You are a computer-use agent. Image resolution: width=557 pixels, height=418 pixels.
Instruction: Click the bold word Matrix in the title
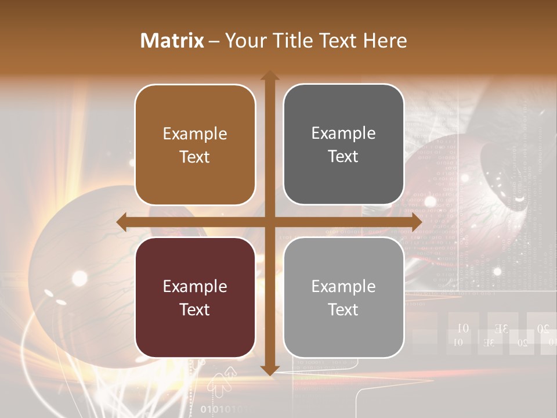(x=172, y=40)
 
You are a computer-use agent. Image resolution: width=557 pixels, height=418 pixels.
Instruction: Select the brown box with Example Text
(x=195, y=145)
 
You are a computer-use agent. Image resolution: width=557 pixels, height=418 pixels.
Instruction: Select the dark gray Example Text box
(x=343, y=145)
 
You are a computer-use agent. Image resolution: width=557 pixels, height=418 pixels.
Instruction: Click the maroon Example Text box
(x=195, y=297)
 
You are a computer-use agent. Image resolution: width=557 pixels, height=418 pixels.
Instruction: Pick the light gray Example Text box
(x=343, y=297)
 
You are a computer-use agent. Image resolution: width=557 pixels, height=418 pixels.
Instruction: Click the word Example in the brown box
(x=195, y=134)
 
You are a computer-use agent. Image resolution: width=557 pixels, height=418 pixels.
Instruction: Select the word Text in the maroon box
(x=195, y=309)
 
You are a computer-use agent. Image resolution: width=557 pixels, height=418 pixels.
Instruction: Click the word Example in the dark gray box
(x=343, y=133)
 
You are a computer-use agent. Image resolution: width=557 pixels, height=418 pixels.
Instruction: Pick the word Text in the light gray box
(x=343, y=309)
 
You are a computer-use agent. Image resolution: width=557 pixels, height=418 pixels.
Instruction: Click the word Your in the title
(x=244, y=40)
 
